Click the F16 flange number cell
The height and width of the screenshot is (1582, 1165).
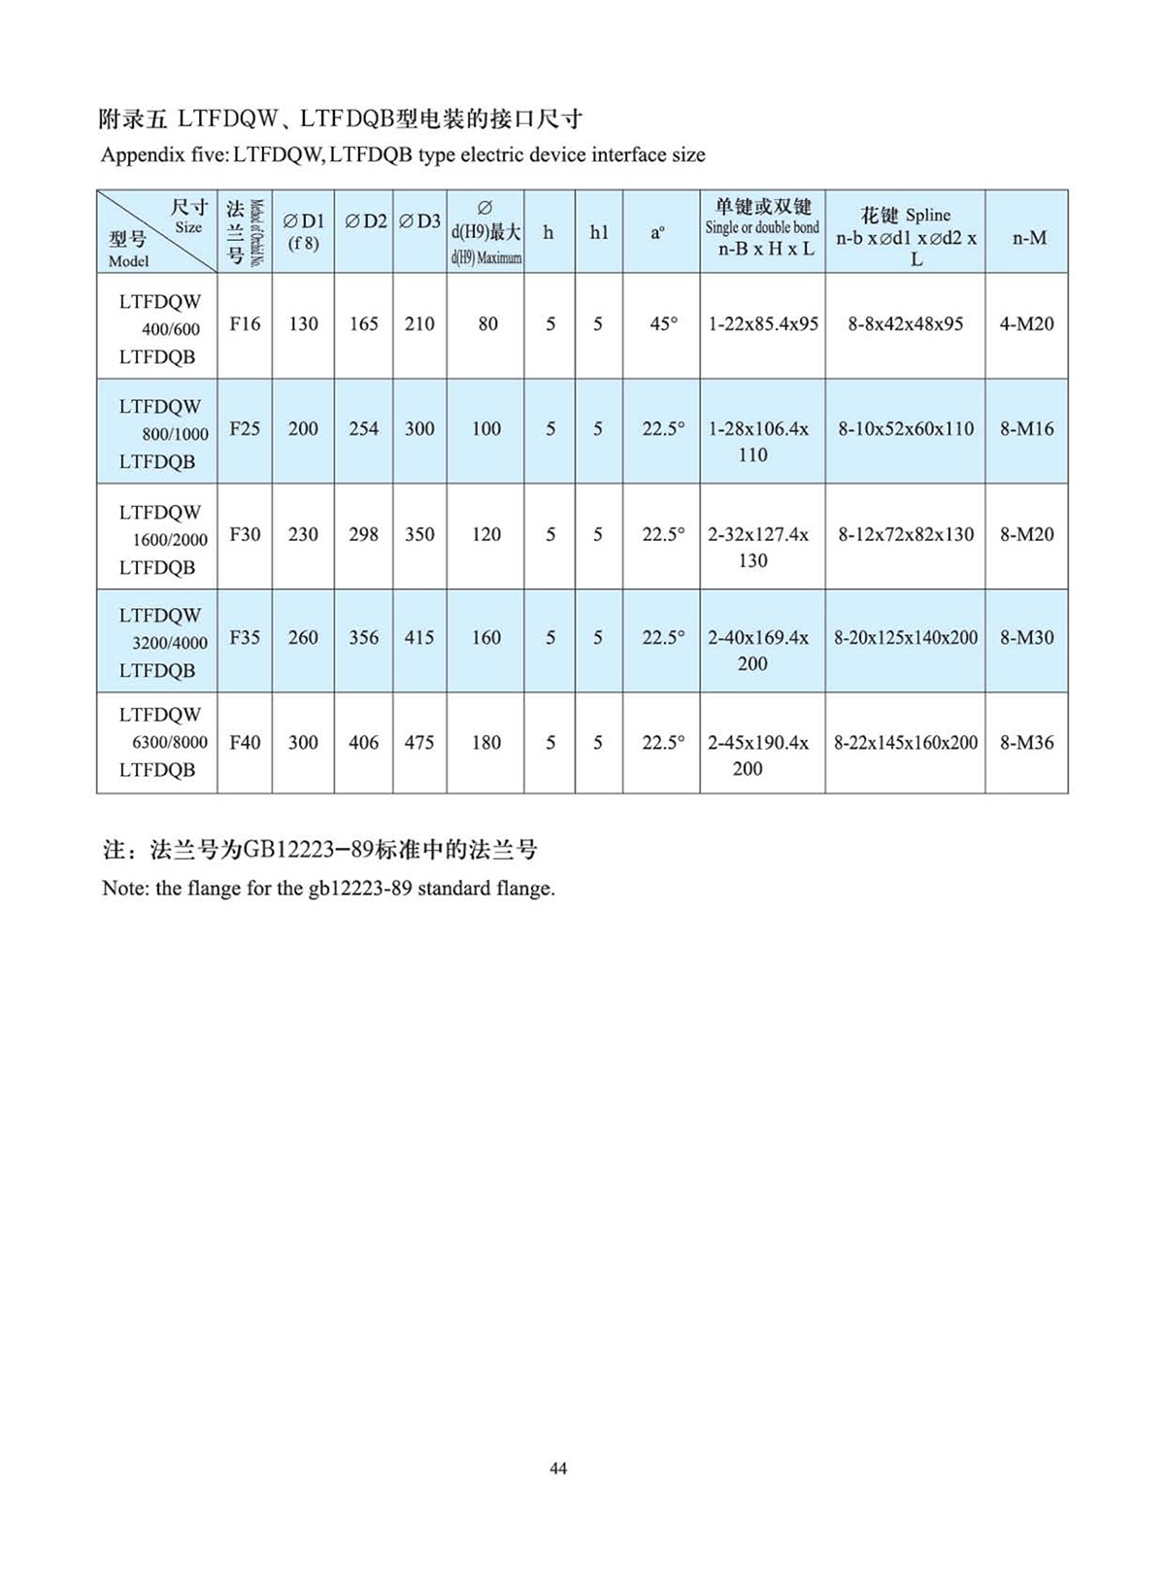tap(245, 323)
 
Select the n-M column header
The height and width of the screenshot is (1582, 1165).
tap(1029, 237)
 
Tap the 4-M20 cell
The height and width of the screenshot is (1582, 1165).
tap(1026, 323)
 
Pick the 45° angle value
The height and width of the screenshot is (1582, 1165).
tap(663, 323)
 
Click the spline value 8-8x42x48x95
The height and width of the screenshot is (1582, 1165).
tap(905, 323)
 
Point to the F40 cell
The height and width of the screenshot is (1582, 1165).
tap(245, 742)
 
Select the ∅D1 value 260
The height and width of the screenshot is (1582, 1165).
tap(303, 637)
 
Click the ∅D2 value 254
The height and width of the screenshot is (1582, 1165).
tap(363, 428)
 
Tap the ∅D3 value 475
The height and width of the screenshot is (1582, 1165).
tap(419, 742)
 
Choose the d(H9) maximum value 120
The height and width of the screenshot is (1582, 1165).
tap(485, 533)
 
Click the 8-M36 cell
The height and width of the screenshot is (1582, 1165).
tap(1026, 742)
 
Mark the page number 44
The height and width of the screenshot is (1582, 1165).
tap(558, 1468)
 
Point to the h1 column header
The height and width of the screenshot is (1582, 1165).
tap(599, 232)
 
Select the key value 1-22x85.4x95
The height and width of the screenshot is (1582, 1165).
tap(763, 323)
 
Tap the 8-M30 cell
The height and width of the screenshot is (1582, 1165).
tap(1026, 637)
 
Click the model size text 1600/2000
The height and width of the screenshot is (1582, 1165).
tap(170, 540)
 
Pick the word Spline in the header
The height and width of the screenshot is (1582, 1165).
tap(928, 215)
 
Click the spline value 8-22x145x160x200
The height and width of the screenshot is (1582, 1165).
tap(906, 742)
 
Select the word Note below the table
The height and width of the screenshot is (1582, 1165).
tap(123, 888)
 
